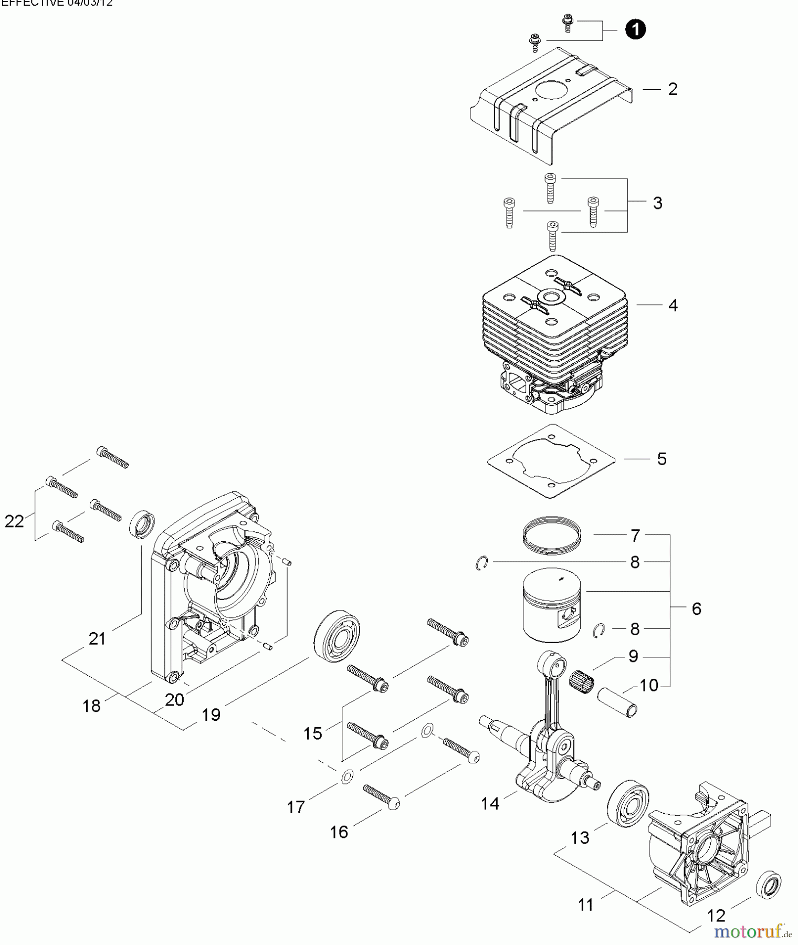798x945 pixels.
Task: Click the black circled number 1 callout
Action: pos(635,29)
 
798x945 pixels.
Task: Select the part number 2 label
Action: pos(673,89)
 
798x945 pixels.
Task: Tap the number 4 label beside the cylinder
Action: pos(673,306)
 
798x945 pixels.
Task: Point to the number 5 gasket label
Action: pos(661,459)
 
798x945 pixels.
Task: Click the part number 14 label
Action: pos(490,803)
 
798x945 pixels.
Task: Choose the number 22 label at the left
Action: pos(14,521)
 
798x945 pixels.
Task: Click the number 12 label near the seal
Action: pos(716,916)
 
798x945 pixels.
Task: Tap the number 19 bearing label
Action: pos(211,715)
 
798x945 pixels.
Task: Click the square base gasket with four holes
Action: pos(551,460)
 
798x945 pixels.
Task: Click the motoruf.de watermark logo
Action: pos(747,931)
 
